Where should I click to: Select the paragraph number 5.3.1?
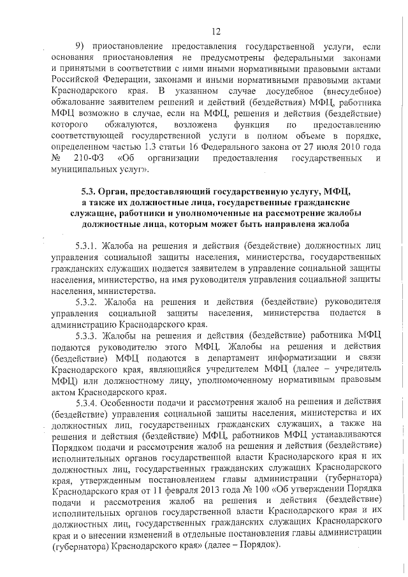coord(87,245)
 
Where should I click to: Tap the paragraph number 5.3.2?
coord(87,301)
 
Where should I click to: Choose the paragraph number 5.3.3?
coord(87,335)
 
